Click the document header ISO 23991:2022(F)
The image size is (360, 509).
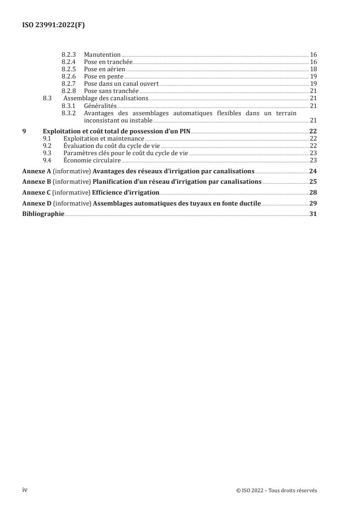pos(54,25)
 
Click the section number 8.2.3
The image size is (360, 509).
pos(69,54)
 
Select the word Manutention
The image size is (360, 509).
pos(102,54)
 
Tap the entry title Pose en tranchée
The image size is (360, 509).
pos(108,62)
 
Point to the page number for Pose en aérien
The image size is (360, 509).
pos(313,69)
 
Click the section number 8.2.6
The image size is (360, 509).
pos(69,76)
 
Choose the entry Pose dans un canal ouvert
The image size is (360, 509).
pos(121,83)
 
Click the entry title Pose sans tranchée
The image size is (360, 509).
pos(111,91)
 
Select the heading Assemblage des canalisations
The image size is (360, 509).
pos(106,98)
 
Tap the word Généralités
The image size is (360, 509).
pos(100,106)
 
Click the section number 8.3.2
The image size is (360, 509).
pos(69,113)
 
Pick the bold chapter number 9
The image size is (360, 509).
pos(24,131)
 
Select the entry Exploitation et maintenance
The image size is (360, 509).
pos(104,138)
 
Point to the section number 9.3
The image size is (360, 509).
pos(46,153)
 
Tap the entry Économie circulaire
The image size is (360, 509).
pos(92,160)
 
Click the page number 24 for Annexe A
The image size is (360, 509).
pos(313,171)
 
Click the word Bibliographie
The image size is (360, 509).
pos(43,214)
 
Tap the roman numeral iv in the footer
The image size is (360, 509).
pos(25,490)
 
